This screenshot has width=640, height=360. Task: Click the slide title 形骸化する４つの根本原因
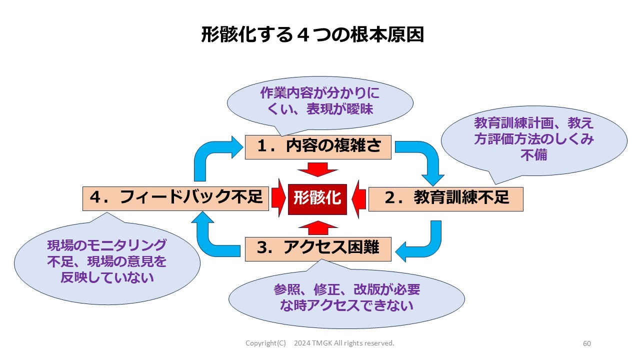click(312, 35)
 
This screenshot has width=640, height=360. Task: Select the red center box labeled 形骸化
click(317, 198)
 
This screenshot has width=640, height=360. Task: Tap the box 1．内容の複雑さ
click(318, 146)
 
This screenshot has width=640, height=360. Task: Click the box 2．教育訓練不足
click(445, 198)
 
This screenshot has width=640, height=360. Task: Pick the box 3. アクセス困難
click(318, 248)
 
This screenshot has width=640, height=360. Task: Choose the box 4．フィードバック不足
click(176, 197)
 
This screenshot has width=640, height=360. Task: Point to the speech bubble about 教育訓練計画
click(533, 139)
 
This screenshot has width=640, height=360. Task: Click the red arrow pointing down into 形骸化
click(317, 169)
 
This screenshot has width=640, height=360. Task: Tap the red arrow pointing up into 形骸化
click(317, 227)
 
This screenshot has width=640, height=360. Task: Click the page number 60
click(587, 343)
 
